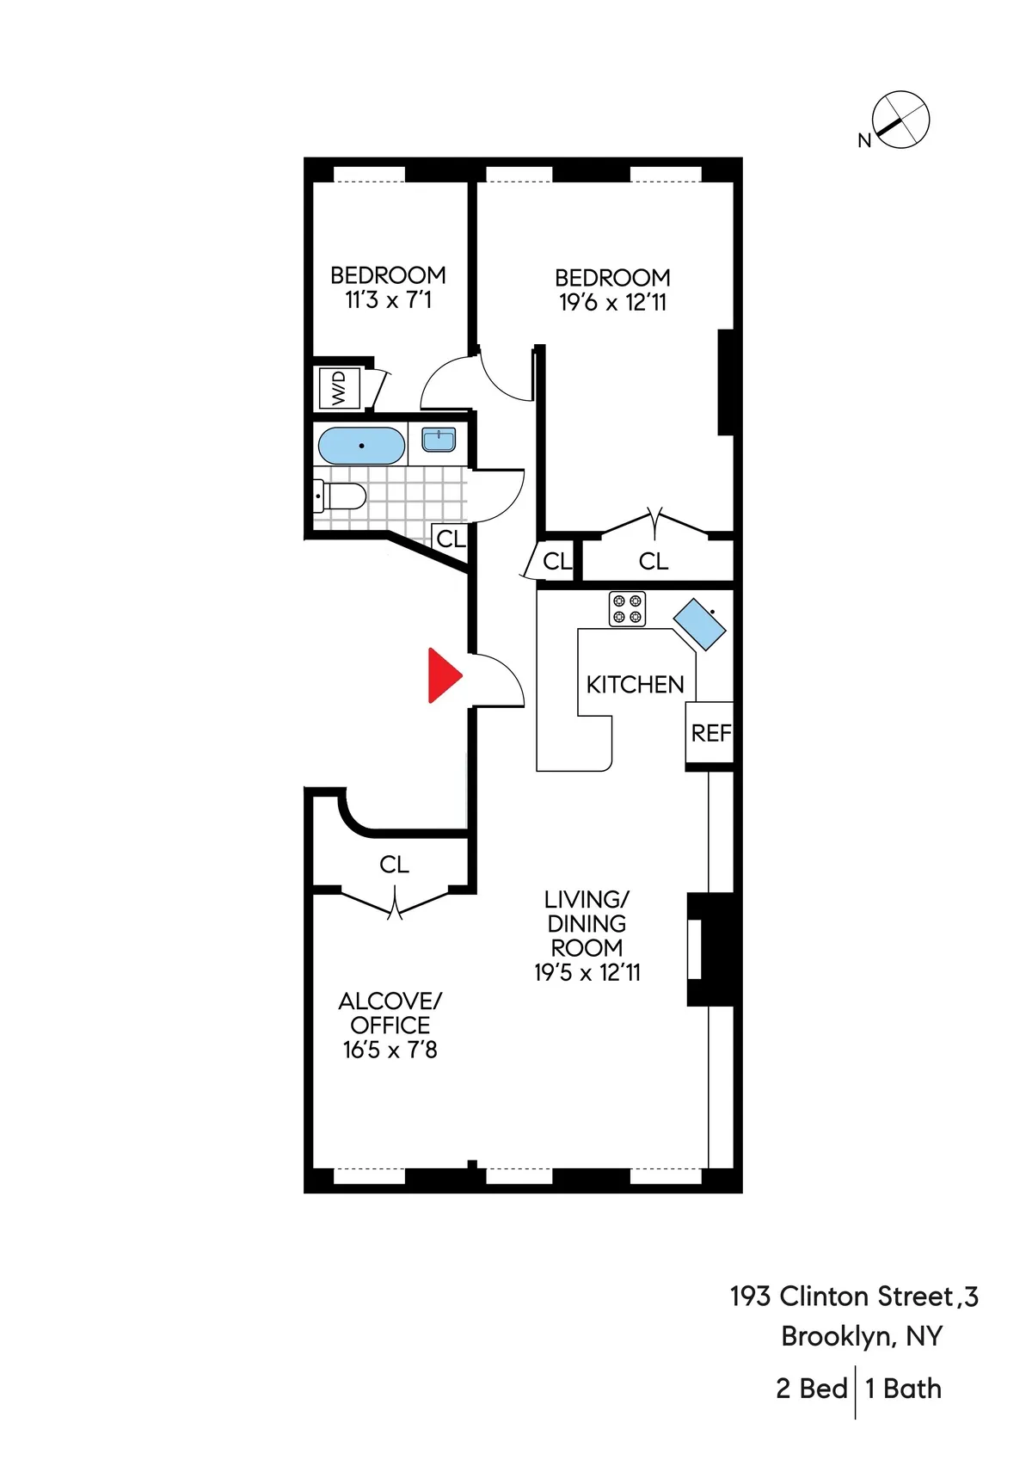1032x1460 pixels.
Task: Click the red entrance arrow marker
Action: (x=444, y=675)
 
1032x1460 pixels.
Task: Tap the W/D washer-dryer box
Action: (x=339, y=388)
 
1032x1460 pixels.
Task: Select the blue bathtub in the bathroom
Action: (x=361, y=446)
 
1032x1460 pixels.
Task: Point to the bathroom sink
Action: (x=439, y=440)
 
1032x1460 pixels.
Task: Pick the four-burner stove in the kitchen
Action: (x=627, y=609)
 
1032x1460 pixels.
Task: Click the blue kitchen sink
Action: (x=699, y=624)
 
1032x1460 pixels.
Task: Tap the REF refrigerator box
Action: (x=710, y=733)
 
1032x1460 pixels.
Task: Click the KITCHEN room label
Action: (x=635, y=685)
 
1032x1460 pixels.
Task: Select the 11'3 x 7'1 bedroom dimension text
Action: (x=388, y=300)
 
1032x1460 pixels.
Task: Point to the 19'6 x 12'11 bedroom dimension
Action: (x=612, y=303)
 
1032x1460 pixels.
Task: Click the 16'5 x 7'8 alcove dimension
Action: (x=390, y=1050)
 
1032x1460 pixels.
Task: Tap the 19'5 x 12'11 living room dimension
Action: (x=587, y=973)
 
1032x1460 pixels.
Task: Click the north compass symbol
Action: (x=900, y=120)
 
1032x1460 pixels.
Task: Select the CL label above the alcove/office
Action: (x=394, y=865)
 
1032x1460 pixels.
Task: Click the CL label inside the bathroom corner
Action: (x=451, y=539)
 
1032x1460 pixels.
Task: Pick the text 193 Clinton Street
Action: (x=841, y=1297)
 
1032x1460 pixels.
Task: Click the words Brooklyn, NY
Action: (x=862, y=1336)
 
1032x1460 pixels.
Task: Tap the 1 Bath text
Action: (x=903, y=1389)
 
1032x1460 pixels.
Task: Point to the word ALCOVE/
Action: (x=390, y=1001)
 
